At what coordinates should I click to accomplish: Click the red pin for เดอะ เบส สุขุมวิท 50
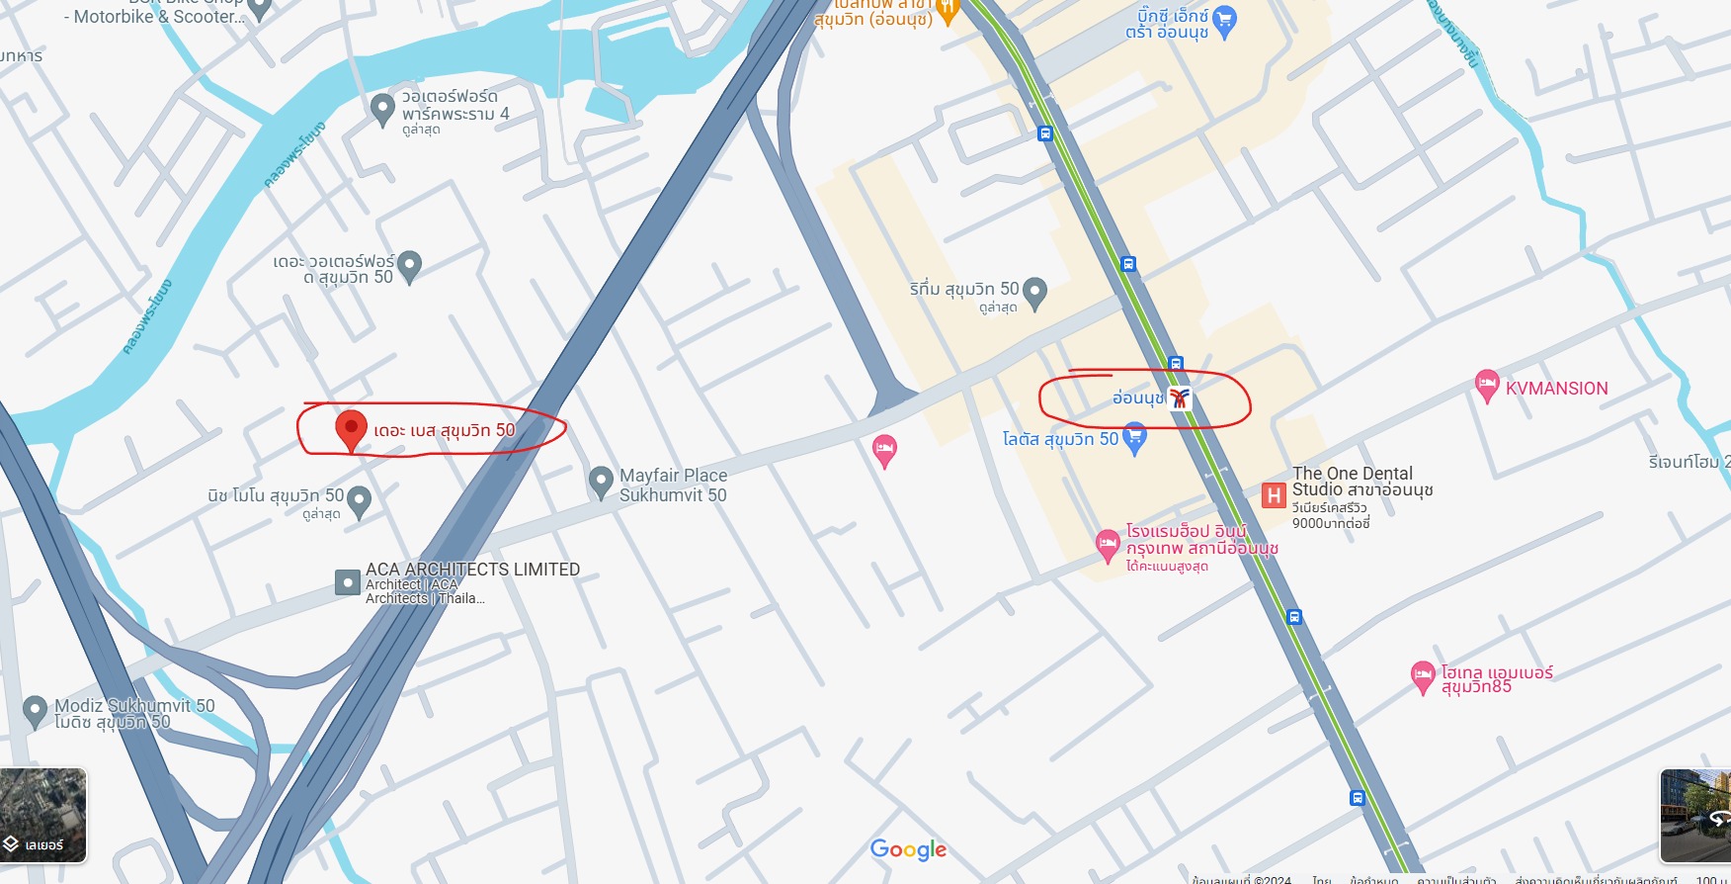coord(351,428)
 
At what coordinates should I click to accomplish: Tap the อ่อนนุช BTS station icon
coord(1179,398)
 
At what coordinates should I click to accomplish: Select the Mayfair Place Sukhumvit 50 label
coord(673,486)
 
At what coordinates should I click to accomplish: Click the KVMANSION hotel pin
coord(1486,385)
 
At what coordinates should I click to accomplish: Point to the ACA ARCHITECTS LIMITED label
coord(472,570)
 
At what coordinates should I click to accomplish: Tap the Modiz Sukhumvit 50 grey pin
coord(35,709)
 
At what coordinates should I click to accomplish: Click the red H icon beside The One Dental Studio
coord(1274,494)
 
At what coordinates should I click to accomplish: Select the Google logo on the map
coord(908,849)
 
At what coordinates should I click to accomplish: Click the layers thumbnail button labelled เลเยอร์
coord(43,815)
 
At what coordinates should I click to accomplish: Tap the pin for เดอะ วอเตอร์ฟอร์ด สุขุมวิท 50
coord(409,264)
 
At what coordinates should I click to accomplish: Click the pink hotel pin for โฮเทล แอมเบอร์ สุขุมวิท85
coord(1422,676)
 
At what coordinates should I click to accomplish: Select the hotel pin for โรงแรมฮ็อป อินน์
coord(1108,544)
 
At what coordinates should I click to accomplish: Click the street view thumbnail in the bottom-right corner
coord(1695,815)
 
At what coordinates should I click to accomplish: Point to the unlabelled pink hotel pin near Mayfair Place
coord(884,450)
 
